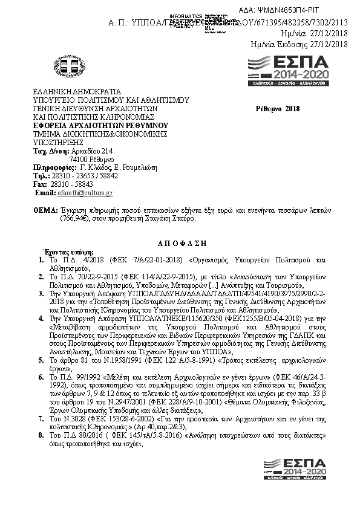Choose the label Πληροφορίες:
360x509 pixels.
tap(53, 167)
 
